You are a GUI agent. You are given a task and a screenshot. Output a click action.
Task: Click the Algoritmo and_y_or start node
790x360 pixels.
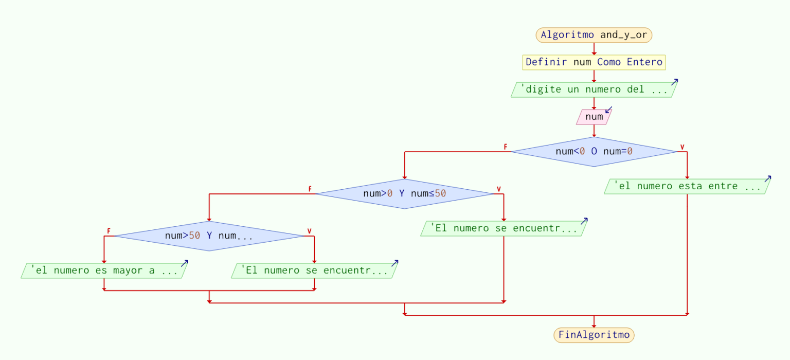pos(594,35)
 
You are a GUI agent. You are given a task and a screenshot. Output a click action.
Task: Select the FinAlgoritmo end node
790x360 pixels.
pos(594,335)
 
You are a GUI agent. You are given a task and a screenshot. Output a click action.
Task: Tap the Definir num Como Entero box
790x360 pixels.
pos(594,62)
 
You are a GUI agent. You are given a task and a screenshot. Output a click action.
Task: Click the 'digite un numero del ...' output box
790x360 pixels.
pos(594,89)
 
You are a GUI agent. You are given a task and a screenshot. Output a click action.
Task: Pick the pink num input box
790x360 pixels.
pos(594,117)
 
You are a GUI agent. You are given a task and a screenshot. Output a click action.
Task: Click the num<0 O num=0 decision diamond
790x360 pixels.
pos(594,152)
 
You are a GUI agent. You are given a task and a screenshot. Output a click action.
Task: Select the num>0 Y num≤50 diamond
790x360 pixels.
pos(405,194)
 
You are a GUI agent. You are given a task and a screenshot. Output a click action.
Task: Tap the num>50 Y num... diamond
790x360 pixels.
pos(209,236)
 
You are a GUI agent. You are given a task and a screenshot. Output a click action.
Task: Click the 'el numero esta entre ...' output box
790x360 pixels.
pos(687,186)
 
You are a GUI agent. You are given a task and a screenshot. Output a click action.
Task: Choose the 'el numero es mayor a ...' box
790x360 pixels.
pos(104,271)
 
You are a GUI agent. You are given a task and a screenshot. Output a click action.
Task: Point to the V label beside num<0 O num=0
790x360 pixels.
pos(683,147)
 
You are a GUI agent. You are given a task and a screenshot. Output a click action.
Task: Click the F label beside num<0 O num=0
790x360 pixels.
pos(506,147)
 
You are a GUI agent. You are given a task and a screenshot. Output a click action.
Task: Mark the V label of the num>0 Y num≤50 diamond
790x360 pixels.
pos(498,189)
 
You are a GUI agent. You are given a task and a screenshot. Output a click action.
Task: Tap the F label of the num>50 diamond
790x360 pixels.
pos(109,231)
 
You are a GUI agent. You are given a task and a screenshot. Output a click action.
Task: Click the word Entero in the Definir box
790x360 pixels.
pos(644,62)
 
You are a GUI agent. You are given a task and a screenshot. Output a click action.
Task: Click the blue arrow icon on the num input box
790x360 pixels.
pos(608,110)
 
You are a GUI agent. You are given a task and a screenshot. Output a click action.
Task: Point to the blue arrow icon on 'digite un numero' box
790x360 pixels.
pos(674,82)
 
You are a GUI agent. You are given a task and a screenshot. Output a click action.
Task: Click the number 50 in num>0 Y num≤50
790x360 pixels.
pos(440,194)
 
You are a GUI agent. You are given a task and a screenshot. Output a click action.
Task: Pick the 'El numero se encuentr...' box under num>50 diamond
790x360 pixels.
pos(314,271)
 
